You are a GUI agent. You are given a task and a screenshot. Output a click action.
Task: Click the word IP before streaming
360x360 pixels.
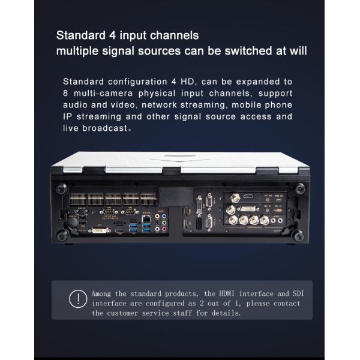pyautogui.click(x=68, y=116)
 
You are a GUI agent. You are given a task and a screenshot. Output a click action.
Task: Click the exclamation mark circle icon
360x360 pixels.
pyautogui.click(x=77, y=298)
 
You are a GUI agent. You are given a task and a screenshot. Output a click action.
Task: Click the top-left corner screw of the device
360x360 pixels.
pyautogui.click(x=60, y=189)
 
